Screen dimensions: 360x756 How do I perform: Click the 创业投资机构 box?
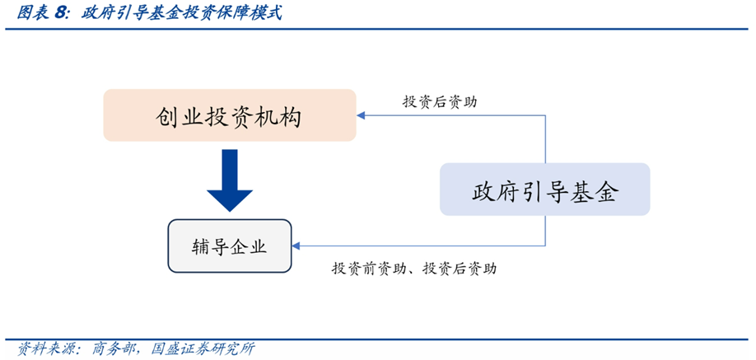click(x=230, y=115)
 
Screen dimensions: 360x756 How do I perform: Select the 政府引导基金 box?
click(x=544, y=190)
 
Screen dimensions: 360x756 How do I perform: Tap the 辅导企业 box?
click(x=230, y=245)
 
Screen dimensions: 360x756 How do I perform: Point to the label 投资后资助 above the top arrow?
click(x=439, y=101)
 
